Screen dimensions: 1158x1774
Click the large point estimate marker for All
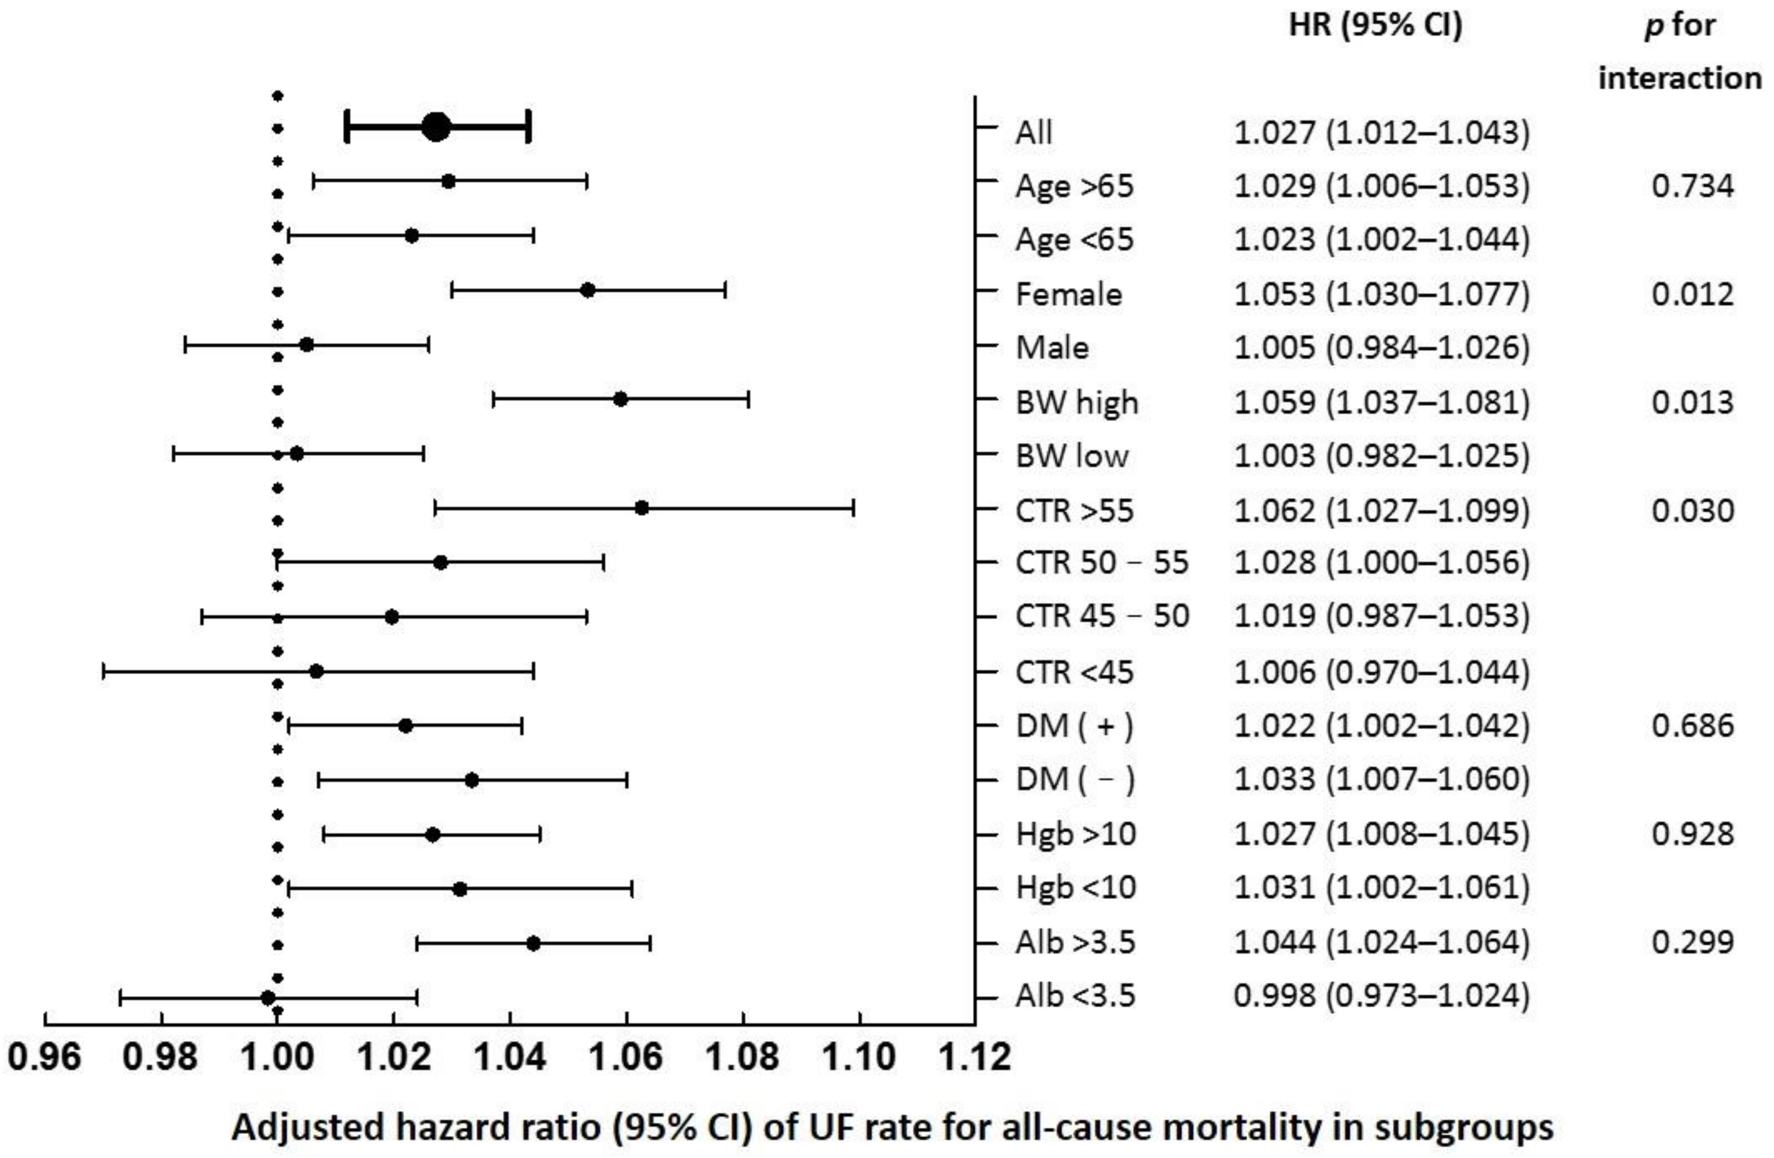436,128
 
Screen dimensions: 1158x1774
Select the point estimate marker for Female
587,290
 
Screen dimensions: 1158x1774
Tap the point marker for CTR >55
641,508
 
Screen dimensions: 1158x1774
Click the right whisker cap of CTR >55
854,508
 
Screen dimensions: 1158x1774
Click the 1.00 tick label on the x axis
277,1057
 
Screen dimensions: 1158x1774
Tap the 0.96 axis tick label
45,1057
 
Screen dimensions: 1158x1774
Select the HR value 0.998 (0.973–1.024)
1381,996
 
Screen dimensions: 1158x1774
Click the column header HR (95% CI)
1375,26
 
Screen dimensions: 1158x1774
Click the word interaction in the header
1679,78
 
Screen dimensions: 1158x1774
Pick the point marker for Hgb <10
460,889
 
